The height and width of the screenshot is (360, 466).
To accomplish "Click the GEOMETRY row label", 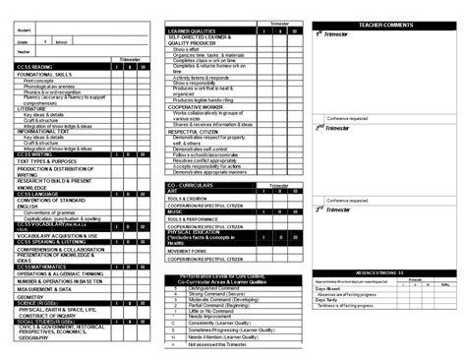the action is pyautogui.click(x=30, y=296).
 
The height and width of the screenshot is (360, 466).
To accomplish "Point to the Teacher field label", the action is pyautogui.click(x=24, y=51).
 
